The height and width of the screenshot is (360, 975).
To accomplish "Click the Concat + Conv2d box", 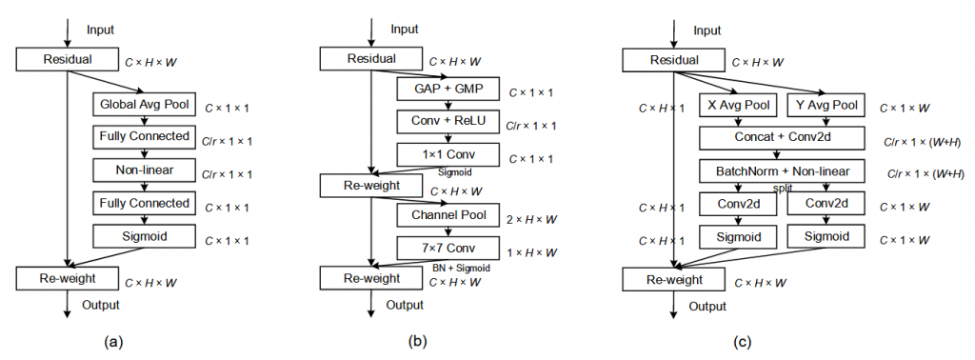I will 782,138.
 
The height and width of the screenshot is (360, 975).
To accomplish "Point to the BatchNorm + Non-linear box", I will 782,171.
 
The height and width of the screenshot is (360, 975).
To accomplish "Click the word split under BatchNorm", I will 783,189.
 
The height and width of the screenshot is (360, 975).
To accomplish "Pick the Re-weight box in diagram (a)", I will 67,278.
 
